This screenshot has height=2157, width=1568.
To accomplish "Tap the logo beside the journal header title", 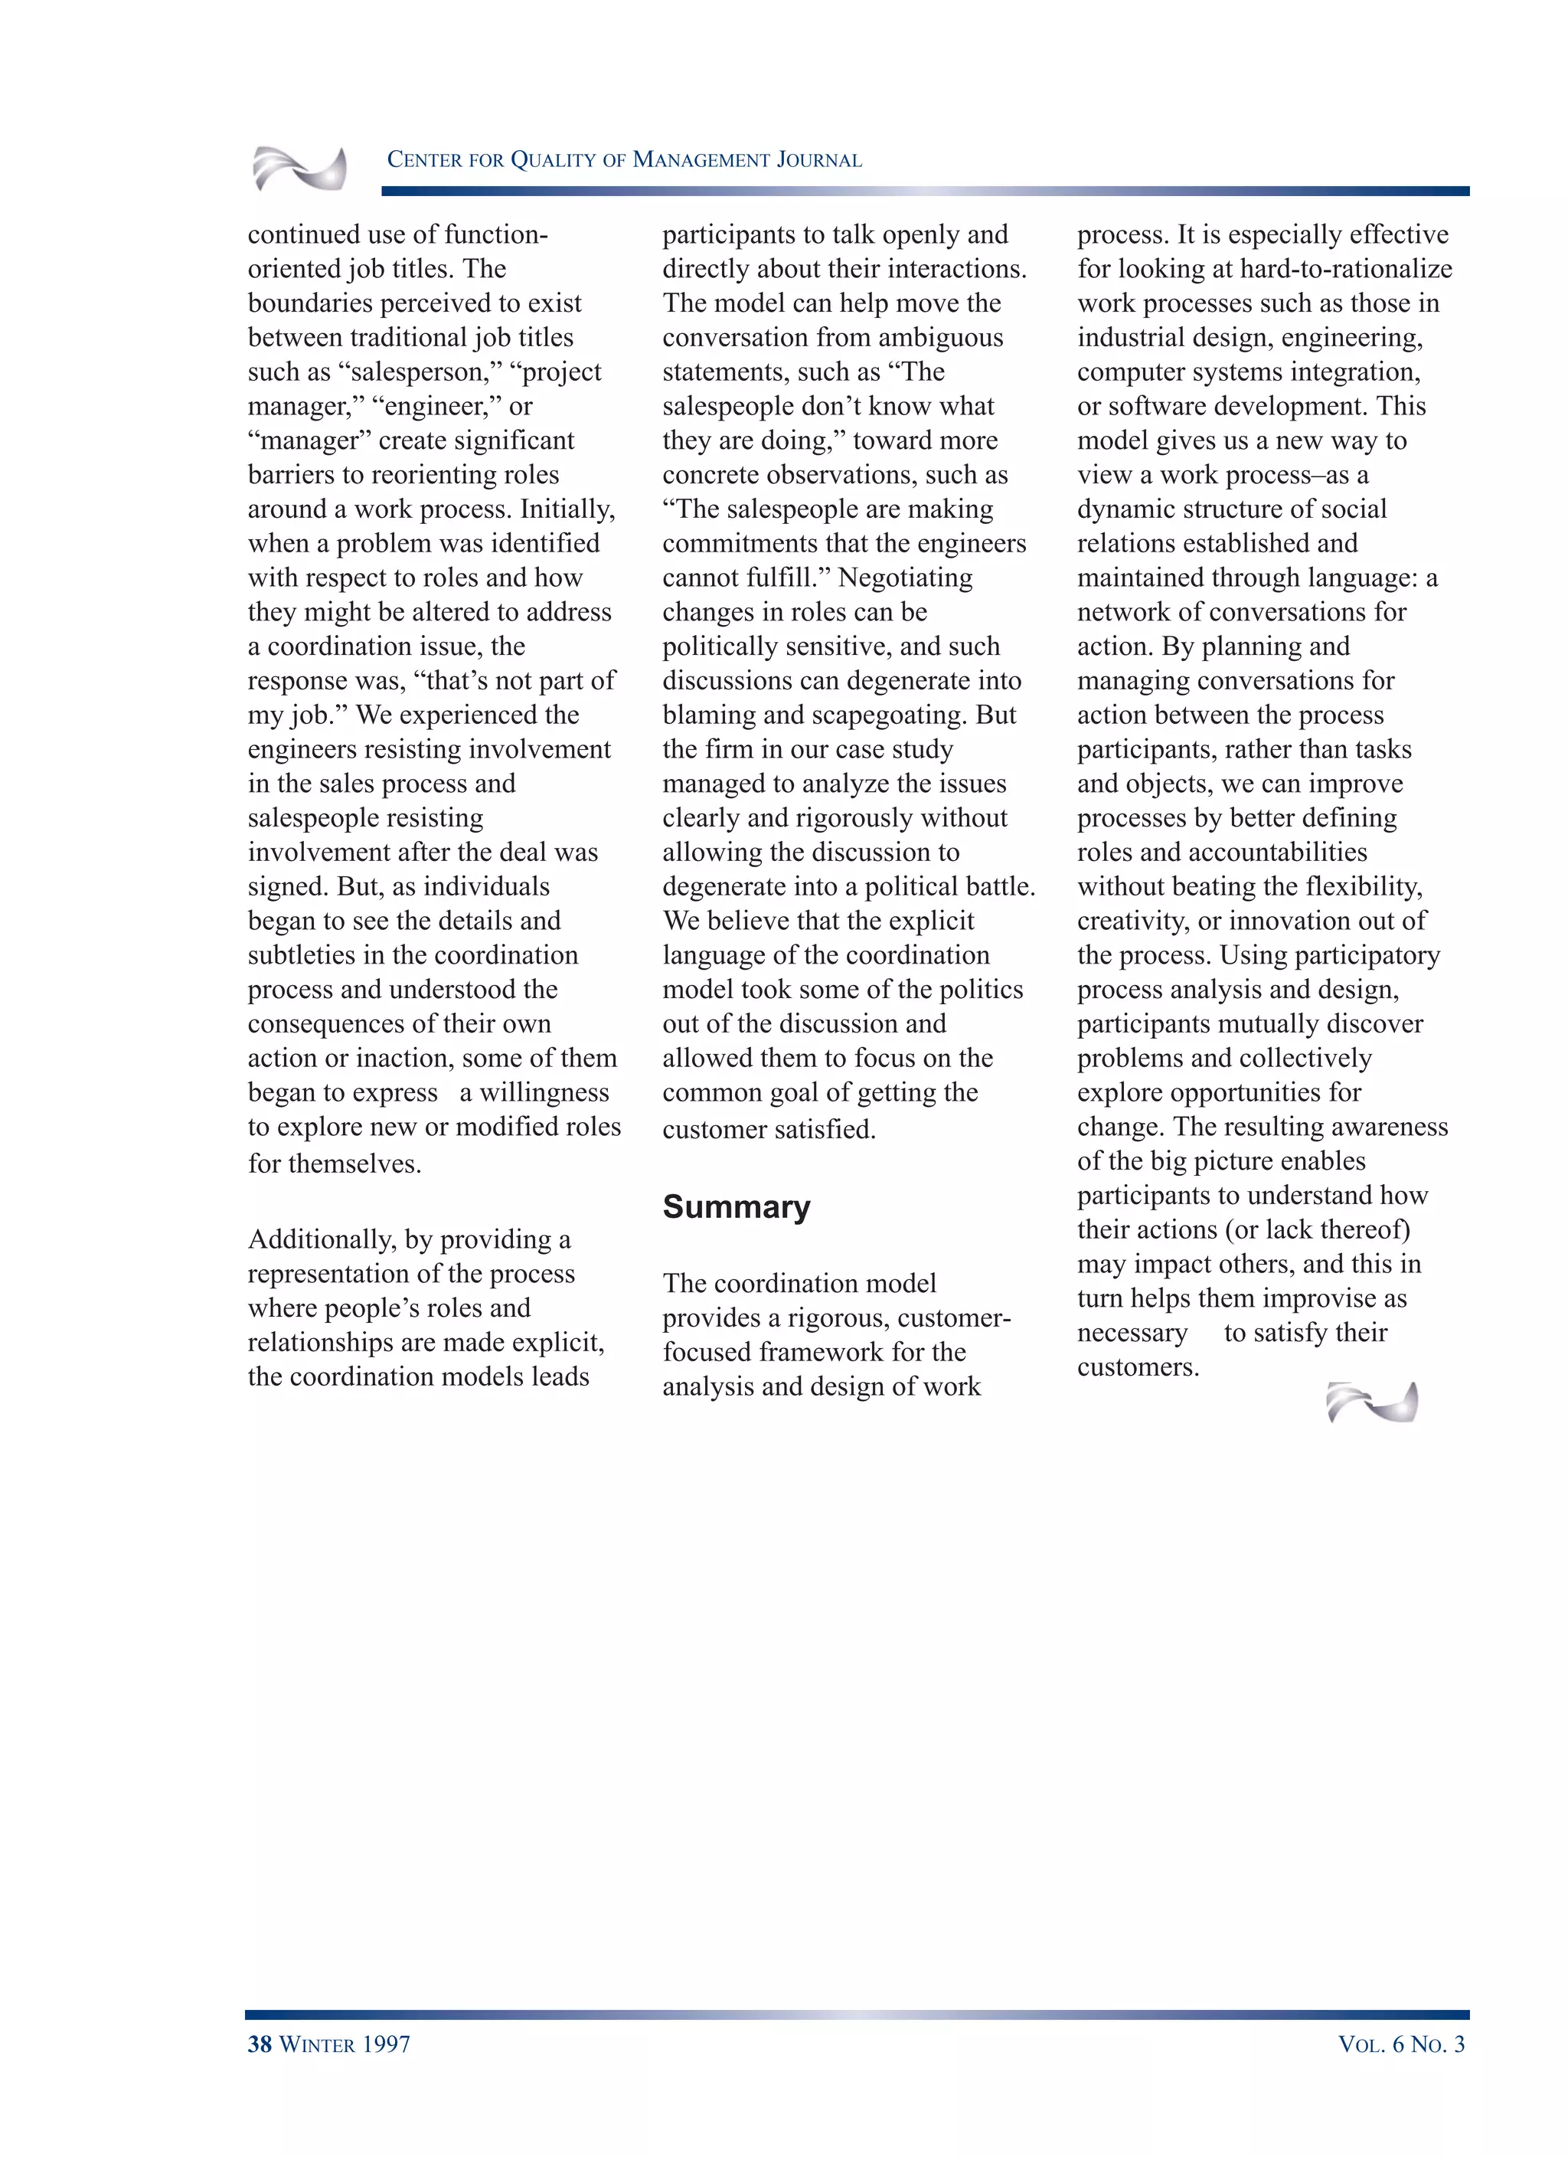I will (x=299, y=169).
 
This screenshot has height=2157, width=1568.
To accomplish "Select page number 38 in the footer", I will (x=260, y=2043).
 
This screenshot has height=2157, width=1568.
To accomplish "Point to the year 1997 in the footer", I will (x=385, y=2043).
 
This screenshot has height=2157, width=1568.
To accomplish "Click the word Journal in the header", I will (x=818, y=160).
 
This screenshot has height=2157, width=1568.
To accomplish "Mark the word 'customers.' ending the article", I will (x=1137, y=1367).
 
